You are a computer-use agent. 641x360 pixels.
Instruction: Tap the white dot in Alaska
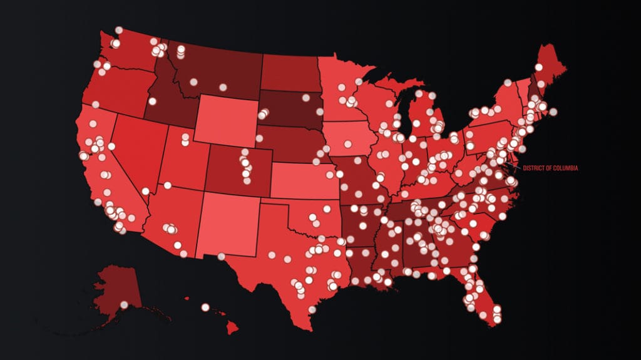tap(124, 304)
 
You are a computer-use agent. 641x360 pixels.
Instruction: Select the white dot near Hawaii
tap(205, 307)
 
